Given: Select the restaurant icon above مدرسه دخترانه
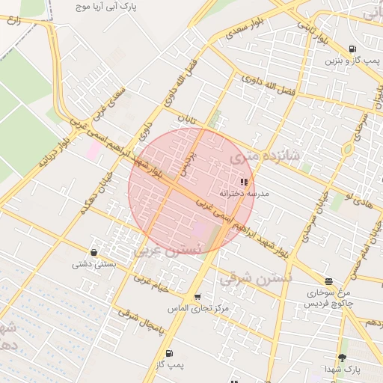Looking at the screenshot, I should pyautogui.click(x=244, y=181).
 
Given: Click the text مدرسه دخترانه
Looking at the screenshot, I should pyautogui.click(x=244, y=193).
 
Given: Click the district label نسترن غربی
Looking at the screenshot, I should pyautogui.click(x=168, y=248).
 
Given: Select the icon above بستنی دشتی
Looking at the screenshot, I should pyautogui.click(x=94, y=252).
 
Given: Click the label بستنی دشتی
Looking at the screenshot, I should pyautogui.click(x=93, y=264).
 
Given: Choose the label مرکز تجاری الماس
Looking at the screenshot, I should pyautogui.click(x=198, y=308).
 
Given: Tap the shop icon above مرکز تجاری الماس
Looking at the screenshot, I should pyautogui.click(x=198, y=297).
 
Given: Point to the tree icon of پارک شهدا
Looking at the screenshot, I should pyautogui.click(x=343, y=358).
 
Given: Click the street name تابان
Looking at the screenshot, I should pyautogui.click(x=185, y=121).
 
